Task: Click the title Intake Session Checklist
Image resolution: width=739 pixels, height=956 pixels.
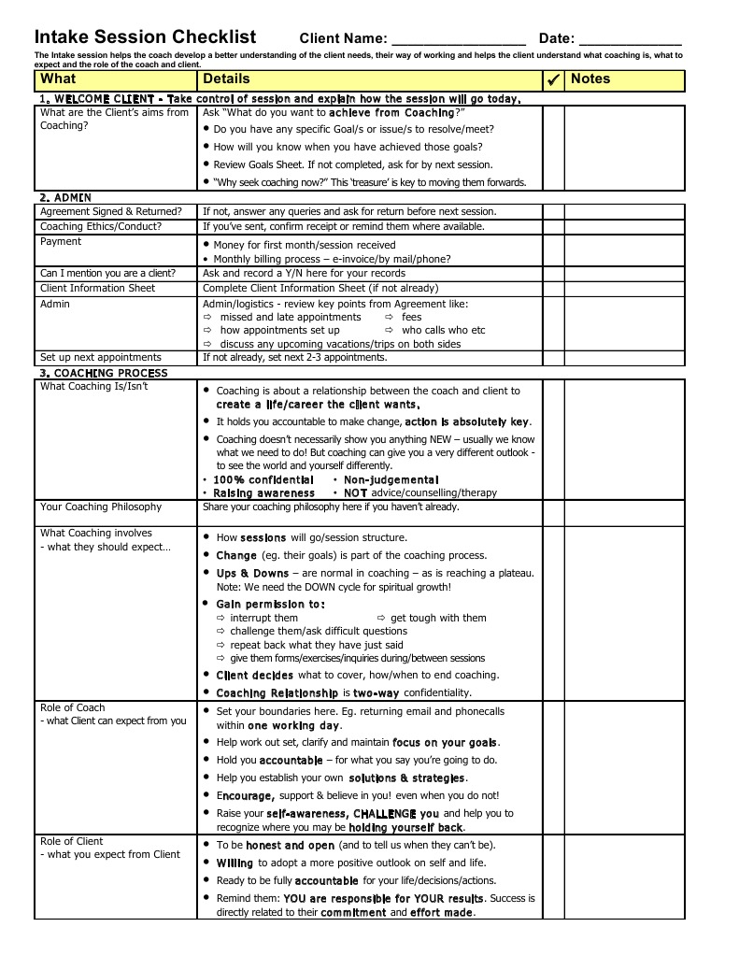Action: (x=145, y=37)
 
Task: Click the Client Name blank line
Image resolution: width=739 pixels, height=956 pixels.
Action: (x=459, y=40)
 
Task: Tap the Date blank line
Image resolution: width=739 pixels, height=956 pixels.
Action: (x=630, y=40)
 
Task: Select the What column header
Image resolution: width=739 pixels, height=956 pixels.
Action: (x=59, y=79)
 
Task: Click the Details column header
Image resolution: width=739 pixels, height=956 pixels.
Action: (x=226, y=79)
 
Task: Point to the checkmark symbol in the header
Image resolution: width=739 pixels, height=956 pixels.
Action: (x=553, y=80)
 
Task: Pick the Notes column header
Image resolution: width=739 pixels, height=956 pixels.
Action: (x=590, y=79)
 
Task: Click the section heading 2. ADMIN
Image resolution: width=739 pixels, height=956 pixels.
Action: (x=65, y=197)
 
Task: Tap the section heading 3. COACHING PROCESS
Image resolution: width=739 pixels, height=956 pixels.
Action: (x=104, y=373)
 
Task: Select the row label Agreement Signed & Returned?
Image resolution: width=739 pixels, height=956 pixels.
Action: (x=111, y=211)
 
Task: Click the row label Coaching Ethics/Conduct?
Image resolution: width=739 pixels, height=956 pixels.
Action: (x=101, y=226)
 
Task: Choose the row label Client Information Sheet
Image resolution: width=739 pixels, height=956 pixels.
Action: (x=97, y=288)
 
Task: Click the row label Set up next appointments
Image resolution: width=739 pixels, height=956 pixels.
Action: (x=101, y=357)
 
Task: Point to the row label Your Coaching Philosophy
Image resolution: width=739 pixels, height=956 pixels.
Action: (x=101, y=507)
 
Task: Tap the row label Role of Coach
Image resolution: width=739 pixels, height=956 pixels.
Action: (x=73, y=707)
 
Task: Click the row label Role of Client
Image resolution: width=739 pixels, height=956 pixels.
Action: (x=72, y=841)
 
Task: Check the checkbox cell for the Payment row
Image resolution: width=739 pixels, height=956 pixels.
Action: (x=553, y=250)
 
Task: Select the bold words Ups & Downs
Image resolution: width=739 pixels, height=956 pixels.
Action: (x=252, y=573)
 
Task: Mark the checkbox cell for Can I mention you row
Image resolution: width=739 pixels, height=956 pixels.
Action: (x=553, y=273)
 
